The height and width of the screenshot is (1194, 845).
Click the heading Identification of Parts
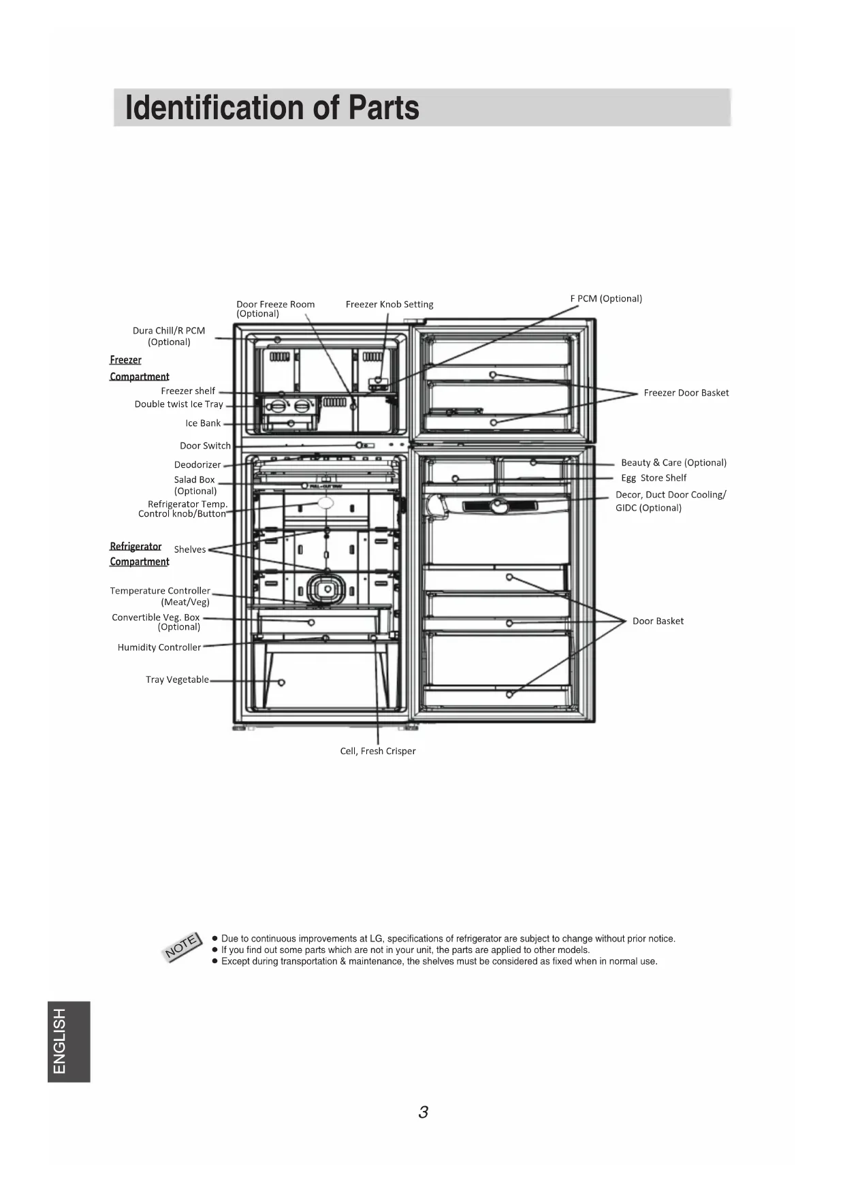tap(272, 108)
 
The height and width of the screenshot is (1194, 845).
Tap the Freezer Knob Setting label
tap(389, 304)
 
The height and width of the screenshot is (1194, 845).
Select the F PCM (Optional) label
tap(606, 298)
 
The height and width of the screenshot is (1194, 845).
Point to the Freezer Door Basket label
tap(686, 393)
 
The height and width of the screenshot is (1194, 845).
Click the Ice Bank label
tap(203, 423)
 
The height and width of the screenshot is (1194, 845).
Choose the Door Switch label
tap(205, 446)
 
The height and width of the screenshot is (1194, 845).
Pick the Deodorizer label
tap(197, 465)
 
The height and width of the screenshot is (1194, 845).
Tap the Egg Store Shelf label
tap(653, 478)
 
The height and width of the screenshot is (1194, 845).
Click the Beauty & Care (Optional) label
tap(673, 463)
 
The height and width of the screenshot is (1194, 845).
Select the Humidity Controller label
tap(159, 647)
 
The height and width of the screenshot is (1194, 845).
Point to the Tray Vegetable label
tap(177, 679)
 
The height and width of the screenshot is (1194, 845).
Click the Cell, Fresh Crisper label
tap(378, 751)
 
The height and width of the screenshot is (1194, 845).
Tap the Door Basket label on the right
tap(658, 621)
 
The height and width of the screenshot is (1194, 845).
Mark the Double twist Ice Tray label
tap(178, 404)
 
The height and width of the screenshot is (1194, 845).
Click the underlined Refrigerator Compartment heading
tap(139, 554)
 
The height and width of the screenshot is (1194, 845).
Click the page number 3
tap(423, 1112)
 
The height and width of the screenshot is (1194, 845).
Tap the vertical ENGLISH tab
tap(68, 1041)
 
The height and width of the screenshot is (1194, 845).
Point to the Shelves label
tap(189, 549)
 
